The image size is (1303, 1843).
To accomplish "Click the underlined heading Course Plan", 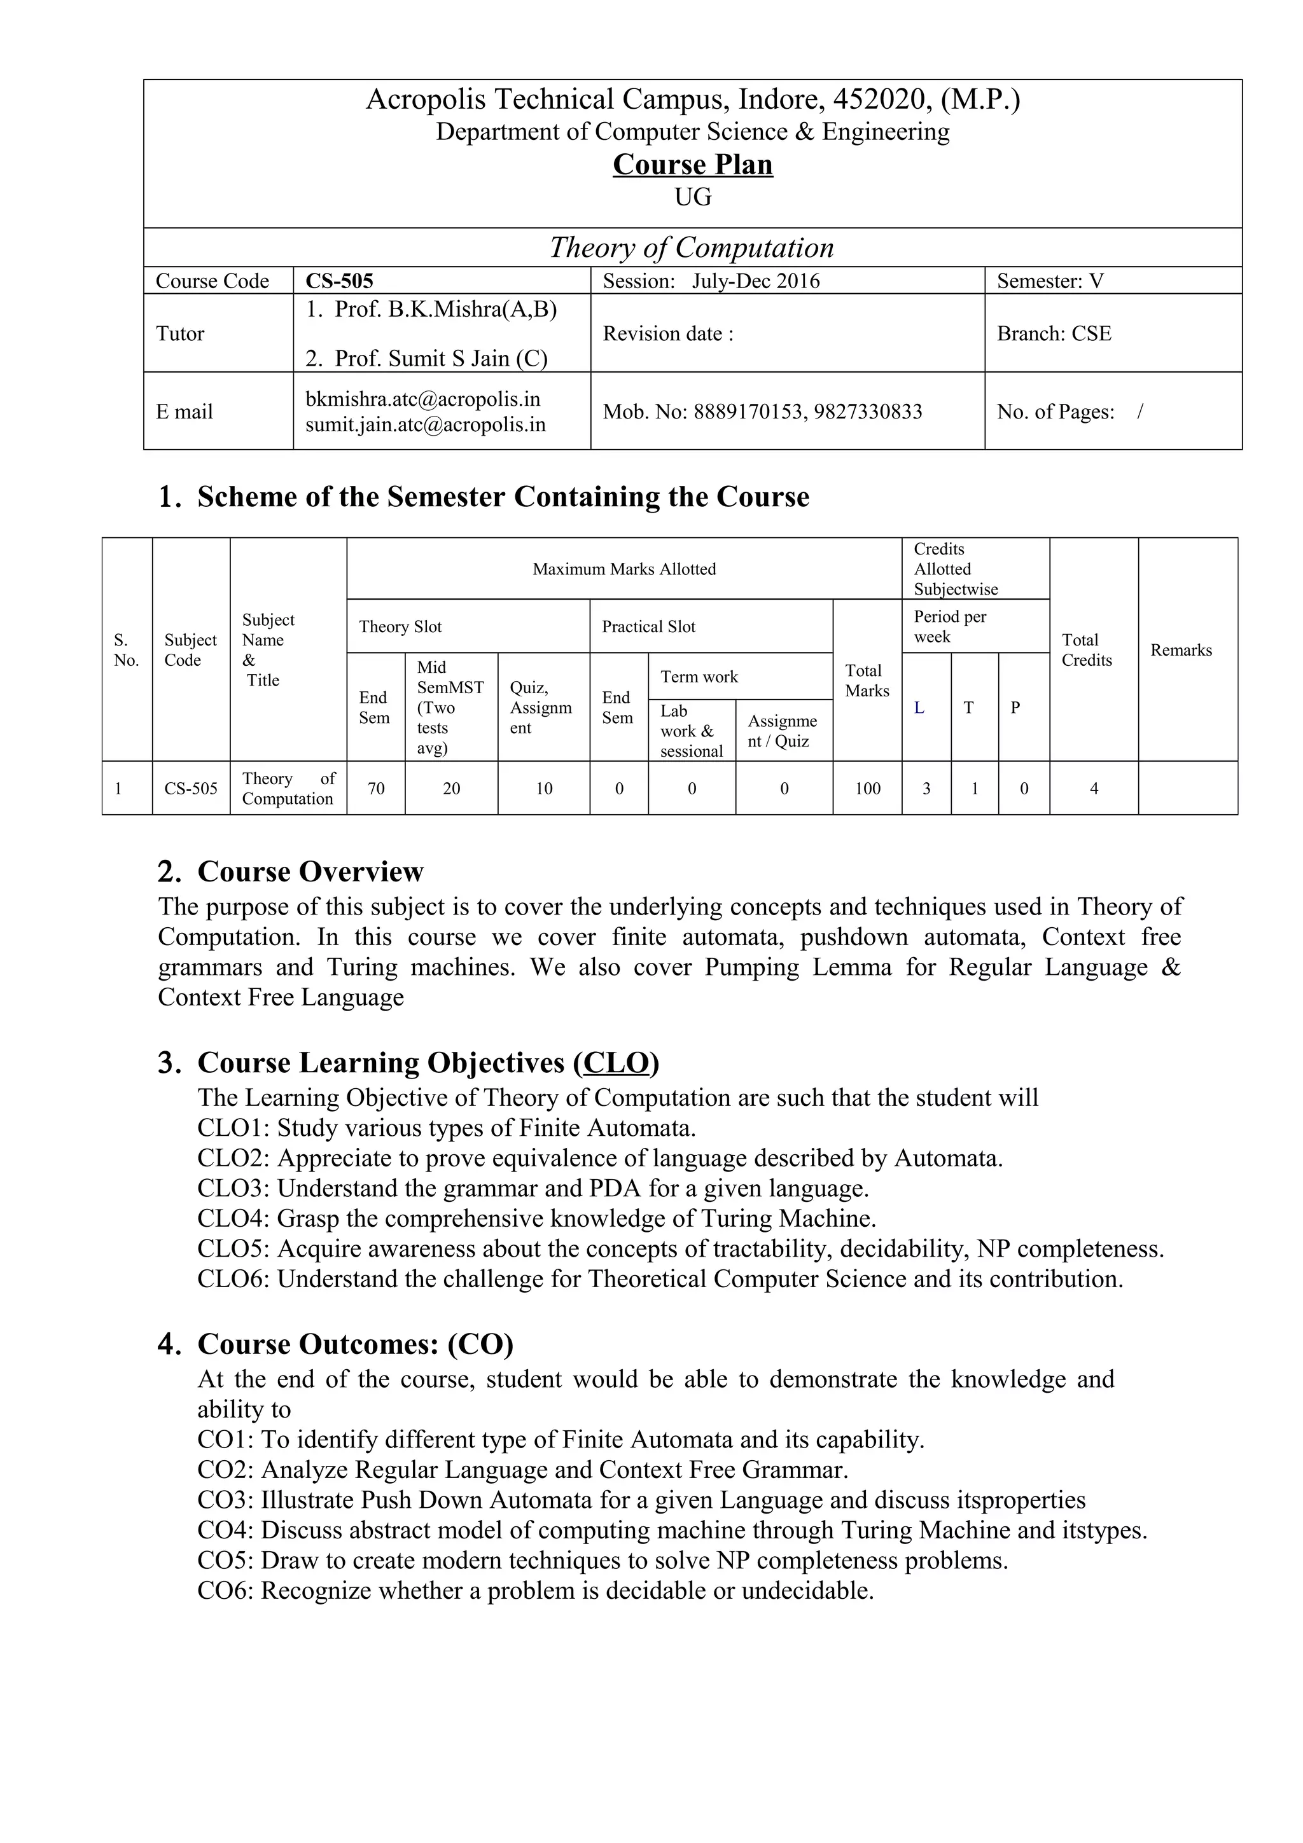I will [692, 165].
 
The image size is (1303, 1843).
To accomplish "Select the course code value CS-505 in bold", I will [339, 281].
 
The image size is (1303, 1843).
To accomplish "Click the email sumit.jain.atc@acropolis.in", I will [425, 425].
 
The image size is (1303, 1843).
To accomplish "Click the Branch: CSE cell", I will [1054, 333].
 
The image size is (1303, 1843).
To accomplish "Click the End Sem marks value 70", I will [376, 788].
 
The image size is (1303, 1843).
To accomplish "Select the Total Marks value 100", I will [867, 788].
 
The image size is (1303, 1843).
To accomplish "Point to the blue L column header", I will [919, 708].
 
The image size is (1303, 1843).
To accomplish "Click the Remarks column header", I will [1180, 650].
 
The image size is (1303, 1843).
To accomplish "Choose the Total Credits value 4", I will [1094, 788].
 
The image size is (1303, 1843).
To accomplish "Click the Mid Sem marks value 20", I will [451, 788].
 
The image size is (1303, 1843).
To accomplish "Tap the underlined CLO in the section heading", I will [616, 1062].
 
